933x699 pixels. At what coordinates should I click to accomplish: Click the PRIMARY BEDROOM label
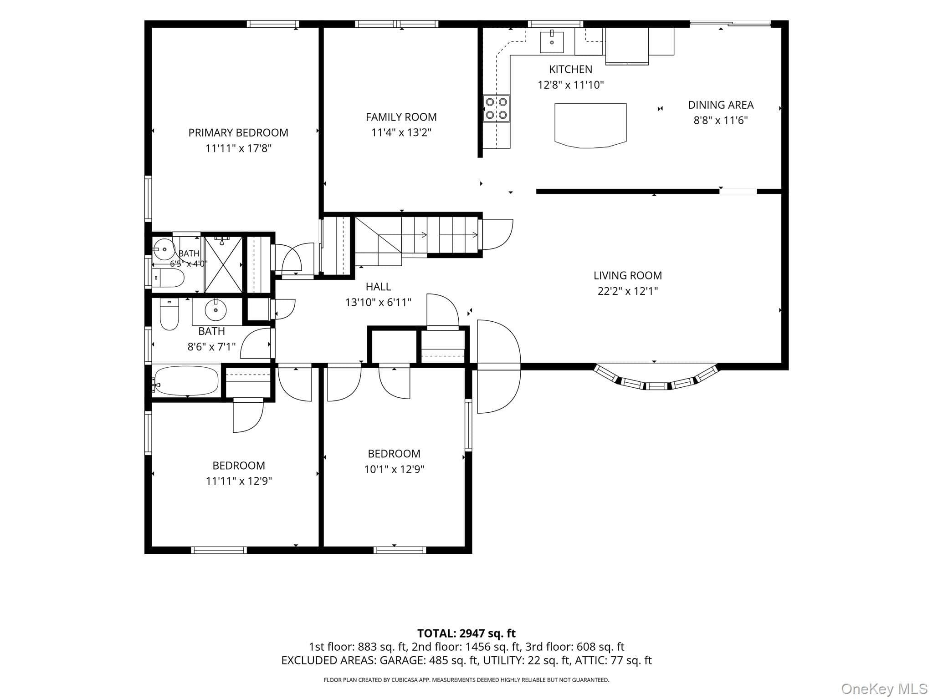[238, 132]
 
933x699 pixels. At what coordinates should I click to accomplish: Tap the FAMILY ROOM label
[401, 117]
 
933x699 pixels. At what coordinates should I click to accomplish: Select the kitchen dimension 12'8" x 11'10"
[571, 85]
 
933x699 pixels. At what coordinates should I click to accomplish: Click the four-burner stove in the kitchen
[496, 108]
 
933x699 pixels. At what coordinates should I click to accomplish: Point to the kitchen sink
[552, 42]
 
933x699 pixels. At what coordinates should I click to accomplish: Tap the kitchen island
[590, 125]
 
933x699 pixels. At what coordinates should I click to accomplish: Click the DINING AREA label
[721, 105]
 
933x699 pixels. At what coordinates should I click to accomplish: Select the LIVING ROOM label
[627, 275]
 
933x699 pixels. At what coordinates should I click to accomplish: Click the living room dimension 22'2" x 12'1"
[627, 291]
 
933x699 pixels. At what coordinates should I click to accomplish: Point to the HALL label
[378, 287]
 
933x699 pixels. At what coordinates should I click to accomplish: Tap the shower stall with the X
[223, 264]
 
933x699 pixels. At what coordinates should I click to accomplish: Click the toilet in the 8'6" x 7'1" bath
[169, 314]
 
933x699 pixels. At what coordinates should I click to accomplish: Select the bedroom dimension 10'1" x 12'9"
[394, 469]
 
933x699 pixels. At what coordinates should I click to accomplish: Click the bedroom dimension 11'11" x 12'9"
[239, 481]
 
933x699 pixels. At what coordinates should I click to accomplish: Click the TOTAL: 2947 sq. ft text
[466, 633]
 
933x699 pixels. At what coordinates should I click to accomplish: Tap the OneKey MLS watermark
[884, 689]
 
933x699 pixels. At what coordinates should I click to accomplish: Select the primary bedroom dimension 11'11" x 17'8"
[238, 148]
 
